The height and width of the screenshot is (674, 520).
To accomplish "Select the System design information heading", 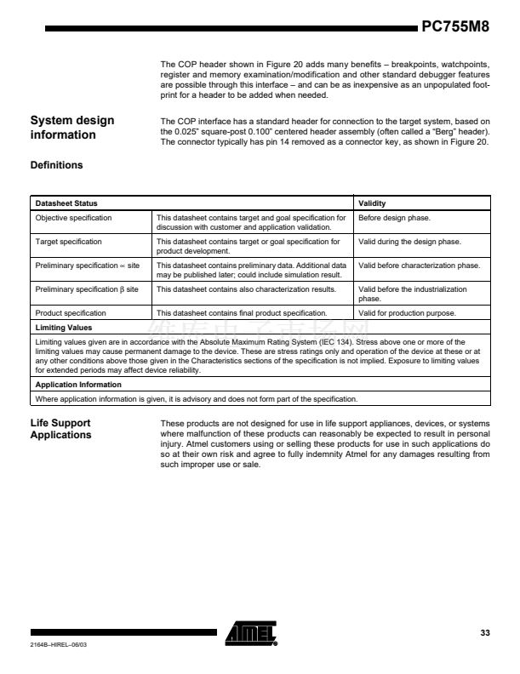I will (x=72, y=128).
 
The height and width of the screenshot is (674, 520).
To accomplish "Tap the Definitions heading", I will (x=56, y=165).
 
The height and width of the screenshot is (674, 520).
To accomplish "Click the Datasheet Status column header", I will (x=66, y=203).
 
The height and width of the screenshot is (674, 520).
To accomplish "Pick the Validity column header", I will (x=372, y=203).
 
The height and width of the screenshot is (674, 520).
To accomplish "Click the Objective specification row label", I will (x=73, y=218).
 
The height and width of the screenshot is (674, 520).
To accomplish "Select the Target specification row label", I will (x=68, y=242).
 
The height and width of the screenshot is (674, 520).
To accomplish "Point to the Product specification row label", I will (x=71, y=313).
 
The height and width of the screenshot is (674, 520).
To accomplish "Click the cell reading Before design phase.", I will (x=394, y=218).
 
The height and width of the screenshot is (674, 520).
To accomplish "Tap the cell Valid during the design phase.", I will (x=409, y=242).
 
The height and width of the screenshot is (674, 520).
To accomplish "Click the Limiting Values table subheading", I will (x=63, y=327).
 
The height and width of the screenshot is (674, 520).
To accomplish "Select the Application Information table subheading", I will (x=77, y=385).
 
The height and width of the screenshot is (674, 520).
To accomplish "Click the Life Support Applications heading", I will (x=60, y=429).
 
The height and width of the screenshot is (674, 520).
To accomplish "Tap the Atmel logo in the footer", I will (x=251, y=633).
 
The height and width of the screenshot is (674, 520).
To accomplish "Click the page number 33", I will (x=485, y=632).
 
